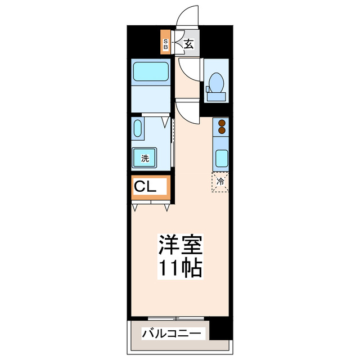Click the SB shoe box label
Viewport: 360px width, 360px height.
click(x=165, y=44)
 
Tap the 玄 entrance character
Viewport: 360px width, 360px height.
click(x=189, y=44)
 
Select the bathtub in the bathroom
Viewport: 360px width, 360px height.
click(x=151, y=71)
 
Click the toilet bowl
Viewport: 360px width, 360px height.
click(x=217, y=83)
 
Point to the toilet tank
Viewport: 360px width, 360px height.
click(x=216, y=97)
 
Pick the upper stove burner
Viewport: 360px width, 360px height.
click(x=222, y=123)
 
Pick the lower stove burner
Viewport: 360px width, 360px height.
click(x=222, y=130)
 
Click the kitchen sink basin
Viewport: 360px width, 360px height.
click(x=222, y=159)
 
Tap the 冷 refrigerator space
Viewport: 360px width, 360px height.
click(x=220, y=182)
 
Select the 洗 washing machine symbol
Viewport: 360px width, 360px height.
click(x=144, y=158)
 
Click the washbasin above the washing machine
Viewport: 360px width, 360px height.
click(x=137, y=128)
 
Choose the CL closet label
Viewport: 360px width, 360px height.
click(x=145, y=187)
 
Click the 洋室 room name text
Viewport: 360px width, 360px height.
click(x=181, y=245)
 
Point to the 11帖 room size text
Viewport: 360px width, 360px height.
click(x=181, y=268)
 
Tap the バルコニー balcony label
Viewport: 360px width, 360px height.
click(x=171, y=333)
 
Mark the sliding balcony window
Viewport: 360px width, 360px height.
click(x=176, y=318)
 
